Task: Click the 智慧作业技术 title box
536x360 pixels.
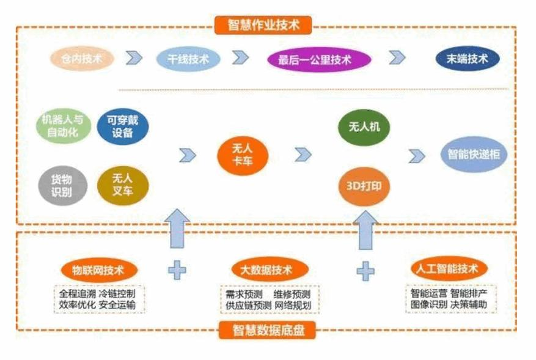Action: point(263,25)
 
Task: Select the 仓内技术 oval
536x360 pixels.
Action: point(82,59)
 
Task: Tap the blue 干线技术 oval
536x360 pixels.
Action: point(189,59)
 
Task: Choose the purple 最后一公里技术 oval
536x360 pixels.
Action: point(320,60)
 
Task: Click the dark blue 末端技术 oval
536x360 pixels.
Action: point(468,59)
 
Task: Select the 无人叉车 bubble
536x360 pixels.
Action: point(123,185)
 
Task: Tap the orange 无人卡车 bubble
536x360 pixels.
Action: point(234,155)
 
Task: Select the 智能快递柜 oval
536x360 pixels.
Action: point(474,154)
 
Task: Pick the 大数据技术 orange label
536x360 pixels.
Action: point(270,270)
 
